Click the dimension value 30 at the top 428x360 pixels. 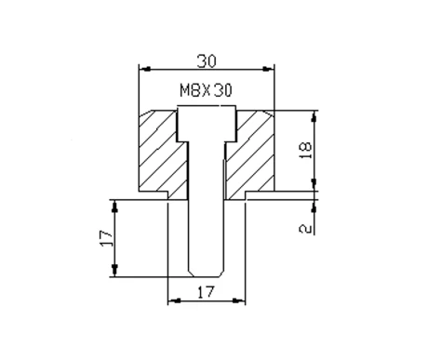207,61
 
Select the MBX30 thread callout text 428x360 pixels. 206,90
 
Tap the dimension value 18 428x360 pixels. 305,151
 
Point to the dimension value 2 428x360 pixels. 305,229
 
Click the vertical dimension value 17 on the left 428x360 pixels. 106,238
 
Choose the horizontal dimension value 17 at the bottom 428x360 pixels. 207,292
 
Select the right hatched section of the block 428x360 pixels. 250,152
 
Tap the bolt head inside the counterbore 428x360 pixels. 207,124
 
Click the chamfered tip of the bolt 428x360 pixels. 206,274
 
